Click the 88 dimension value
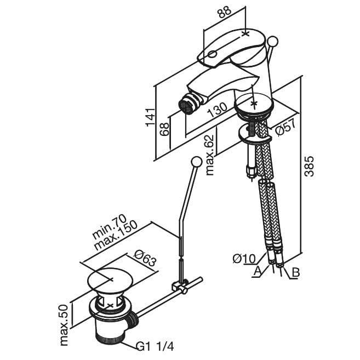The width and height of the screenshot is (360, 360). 224,12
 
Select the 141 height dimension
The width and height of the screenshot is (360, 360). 150,117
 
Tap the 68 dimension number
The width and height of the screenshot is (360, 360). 164,129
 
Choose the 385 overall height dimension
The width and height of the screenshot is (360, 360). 309,166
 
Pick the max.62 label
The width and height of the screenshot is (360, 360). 210,155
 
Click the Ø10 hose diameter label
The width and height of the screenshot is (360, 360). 244,259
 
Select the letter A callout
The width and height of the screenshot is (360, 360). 258,271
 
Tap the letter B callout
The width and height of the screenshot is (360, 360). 296,272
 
